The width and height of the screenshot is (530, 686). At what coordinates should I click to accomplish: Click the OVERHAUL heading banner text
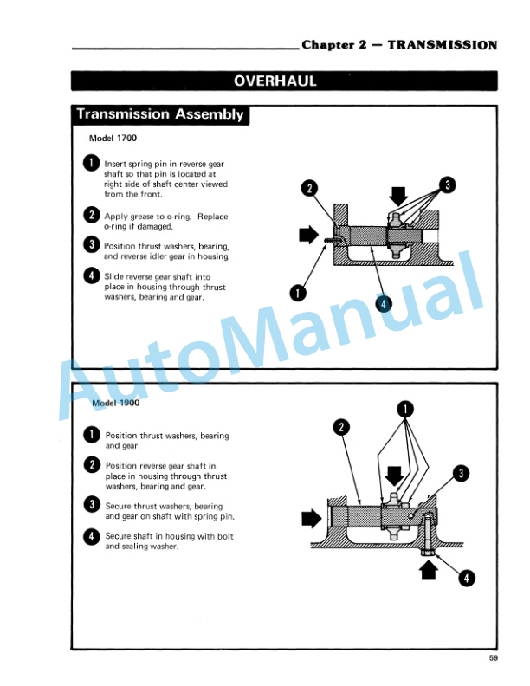[275, 81]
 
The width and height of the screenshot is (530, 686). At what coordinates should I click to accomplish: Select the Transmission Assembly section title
[160, 114]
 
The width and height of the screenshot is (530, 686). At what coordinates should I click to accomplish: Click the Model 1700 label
[113, 139]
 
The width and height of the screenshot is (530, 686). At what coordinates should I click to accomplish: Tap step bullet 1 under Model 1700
[91, 162]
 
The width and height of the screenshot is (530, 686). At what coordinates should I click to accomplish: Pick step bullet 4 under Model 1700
[91, 277]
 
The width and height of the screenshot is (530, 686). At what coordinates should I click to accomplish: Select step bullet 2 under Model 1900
[91, 465]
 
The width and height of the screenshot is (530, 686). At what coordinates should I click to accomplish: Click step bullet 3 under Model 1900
[91, 504]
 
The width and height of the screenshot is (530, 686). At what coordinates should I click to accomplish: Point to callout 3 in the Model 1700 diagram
[446, 184]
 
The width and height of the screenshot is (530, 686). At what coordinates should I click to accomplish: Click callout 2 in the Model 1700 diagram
[309, 188]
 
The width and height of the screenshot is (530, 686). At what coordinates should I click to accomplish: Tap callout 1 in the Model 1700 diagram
[297, 291]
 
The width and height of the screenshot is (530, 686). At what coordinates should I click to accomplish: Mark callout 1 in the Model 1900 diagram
[404, 409]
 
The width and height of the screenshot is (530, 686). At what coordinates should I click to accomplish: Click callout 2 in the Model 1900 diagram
[342, 427]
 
